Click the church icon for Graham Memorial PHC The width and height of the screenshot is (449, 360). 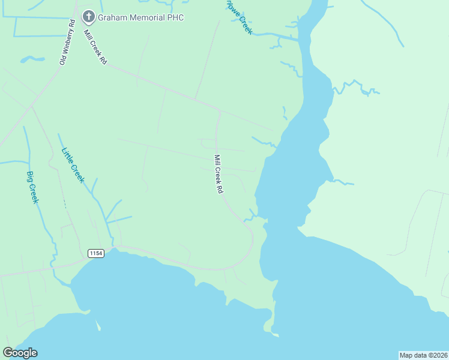(x=89, y=17)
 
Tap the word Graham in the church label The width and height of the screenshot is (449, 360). (x=114, y=17)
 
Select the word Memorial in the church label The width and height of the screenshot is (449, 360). (x=148, y=17)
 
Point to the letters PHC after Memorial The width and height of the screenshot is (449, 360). (x=175, y=17)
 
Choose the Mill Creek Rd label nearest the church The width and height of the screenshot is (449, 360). (x=95, y=47)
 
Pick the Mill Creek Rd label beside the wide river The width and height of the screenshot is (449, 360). (x=219, y=174)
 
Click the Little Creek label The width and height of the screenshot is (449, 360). (x=73, y=166)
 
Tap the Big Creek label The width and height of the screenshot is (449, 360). (x=32, y=187)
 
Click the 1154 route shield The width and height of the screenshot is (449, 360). (x=96, y=253)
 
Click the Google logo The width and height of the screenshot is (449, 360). (x=20, y=353)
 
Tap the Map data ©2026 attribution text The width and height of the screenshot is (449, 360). (x=423, y=355)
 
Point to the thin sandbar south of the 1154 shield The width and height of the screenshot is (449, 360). (x=97, y=325)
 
